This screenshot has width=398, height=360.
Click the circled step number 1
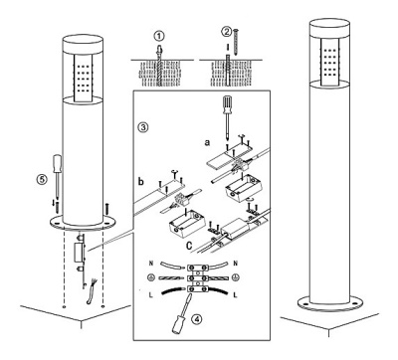[x=159, y=35]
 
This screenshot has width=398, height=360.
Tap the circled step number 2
[x=227, y=32]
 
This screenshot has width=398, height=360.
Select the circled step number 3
[x=143, y=127]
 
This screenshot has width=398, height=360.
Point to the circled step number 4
[x=196, y=319]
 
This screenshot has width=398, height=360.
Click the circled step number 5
[x=42, y=179]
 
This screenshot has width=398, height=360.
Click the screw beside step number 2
[x=236, y=42]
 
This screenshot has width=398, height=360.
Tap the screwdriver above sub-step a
[x=227, y=116]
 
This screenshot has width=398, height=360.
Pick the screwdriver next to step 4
[x=181, y=312]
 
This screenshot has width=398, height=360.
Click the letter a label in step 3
[x=207, y=142]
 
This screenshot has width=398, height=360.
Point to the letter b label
[x=141, y=181]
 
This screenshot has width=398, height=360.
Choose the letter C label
[x=189, y=246]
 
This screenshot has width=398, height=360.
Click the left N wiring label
[x=151, y=264]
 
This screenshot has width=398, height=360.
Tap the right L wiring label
[x=235, y=294]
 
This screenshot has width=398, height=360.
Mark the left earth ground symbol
[x=150, y=277]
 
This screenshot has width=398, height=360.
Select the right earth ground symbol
[x=235, y=277]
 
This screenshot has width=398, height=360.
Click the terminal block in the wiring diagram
[x=198, y=278]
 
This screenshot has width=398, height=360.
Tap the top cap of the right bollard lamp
[x=329, y=27]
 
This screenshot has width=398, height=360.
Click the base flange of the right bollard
[x=329, y=303]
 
